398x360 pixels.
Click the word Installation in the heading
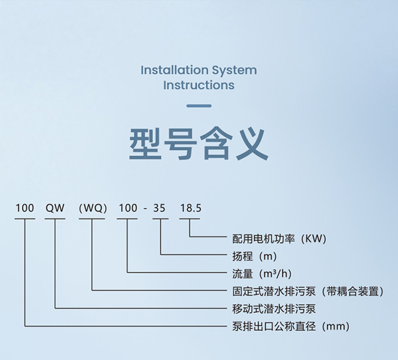pyautogui.click(x=174, y=70)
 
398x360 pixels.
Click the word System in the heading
pyautogui.click(x=234, y=71)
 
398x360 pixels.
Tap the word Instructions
pyautogui.click(x=199, y=85)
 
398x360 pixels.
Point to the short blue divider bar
pyautogui.click(x=199, y=106)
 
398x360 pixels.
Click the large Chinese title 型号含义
pyautogui.click(x=199, y=144)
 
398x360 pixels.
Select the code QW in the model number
pyautogui.click(x=55, y=208)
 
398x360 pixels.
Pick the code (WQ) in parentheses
pyautogui.click(x=93, y=208)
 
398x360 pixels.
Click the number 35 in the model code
pyautogui.click(x=159, y=208)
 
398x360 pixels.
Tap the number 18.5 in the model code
pyautogui.click(x=191, y=208)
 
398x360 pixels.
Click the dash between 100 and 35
pyautogui.click(x=145, y=210)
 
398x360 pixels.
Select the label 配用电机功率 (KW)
pyautogui.click(x=279, y=239)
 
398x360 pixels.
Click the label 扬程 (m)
pyautogui.click(x=254, y=256)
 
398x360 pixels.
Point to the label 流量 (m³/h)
pyautogui.click(x=262, y=274)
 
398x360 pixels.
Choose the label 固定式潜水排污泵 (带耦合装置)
pyautogui.click(x=308, y=291)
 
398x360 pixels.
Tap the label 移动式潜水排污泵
pyautogui.click(x=274, y=309)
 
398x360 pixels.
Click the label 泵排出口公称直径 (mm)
pyautogui.click(x=291, y=326)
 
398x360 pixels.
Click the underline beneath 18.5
pyautogui.click(x=190, y=218)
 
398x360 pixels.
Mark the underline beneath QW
pyautogui.click(x=55, y=218)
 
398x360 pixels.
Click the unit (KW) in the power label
pyautogui.click(x=313, y=239)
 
